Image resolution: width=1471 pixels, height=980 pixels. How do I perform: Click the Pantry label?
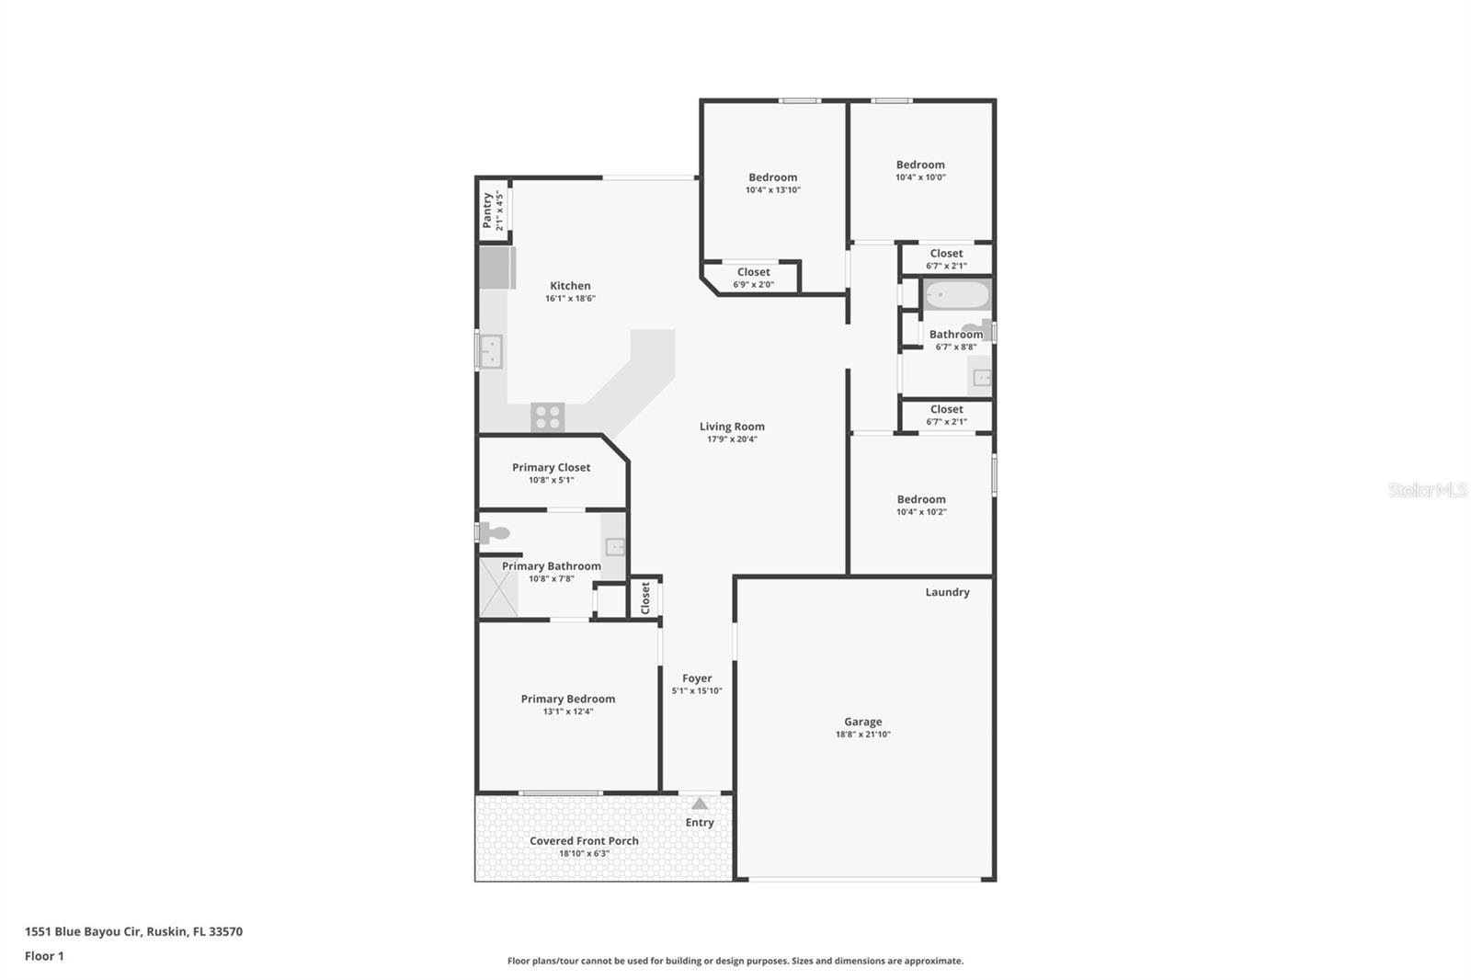pos(487,211)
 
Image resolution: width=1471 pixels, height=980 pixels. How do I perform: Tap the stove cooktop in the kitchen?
pos(548,416)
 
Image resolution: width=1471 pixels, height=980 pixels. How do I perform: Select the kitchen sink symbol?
pos(491,351)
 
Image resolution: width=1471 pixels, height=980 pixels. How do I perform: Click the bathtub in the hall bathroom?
pos(956,295)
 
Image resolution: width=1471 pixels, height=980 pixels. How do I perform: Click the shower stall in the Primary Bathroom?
pos(498,587)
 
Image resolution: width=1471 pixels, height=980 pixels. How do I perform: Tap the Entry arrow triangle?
pos(700,803)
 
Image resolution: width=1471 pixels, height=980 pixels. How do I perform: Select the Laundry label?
pos(947,592)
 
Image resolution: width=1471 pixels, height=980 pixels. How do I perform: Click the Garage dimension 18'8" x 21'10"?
pos(862,735)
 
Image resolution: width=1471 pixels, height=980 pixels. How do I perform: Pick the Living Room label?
pos(732,427)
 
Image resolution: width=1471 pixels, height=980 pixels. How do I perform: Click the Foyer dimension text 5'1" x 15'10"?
pos(697,691)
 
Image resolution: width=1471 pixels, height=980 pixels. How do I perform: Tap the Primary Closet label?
pos(551,467)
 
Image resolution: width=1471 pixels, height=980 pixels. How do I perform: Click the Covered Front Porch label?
pos(584,840)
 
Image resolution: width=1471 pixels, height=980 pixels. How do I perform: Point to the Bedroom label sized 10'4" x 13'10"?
pos(772,177)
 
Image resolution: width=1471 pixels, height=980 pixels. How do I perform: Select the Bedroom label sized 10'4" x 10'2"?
pos(921,499)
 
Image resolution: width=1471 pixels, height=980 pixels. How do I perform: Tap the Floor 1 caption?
pos(44,956)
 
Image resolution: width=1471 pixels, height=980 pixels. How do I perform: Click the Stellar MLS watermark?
pos(1427,490)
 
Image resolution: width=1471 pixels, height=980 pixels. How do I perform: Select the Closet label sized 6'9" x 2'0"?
pos(753,272)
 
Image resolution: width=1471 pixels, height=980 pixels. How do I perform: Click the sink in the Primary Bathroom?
pos(615,547)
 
